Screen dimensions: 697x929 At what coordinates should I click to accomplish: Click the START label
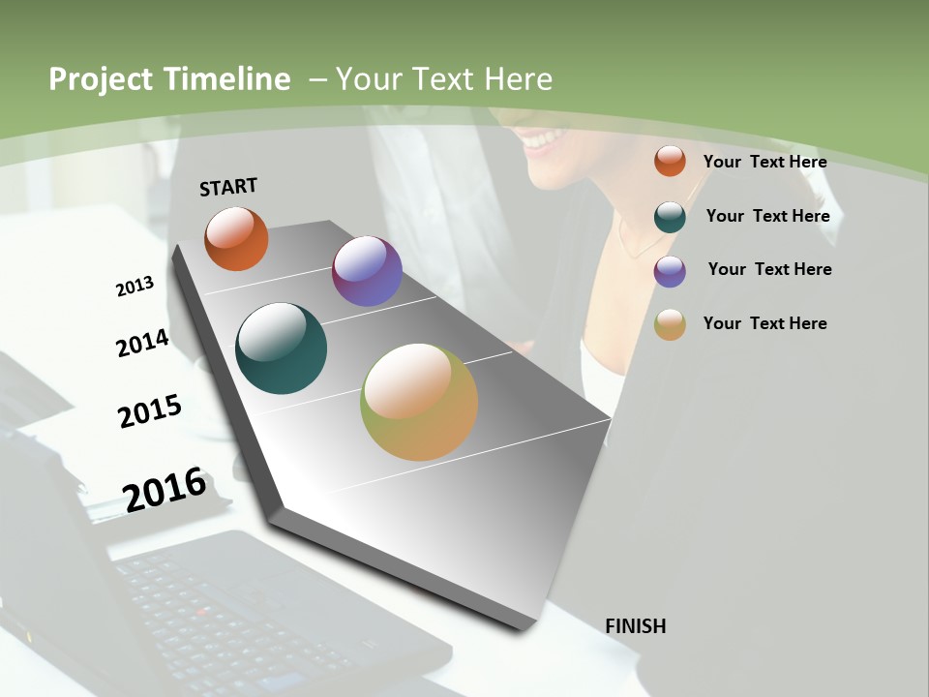tap(228, 187)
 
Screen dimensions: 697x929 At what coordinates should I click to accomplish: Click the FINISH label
tap(635, 626)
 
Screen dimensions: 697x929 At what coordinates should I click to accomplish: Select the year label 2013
tap(135, 287)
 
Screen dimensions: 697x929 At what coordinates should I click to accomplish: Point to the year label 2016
tap(165, 490)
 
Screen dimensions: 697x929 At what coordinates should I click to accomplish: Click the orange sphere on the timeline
tap(236, 238)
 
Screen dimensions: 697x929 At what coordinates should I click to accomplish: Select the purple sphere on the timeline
tap(367, 271)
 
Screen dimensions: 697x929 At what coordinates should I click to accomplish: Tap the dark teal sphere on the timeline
tap(281, 348)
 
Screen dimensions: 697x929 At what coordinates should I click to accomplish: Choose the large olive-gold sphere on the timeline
tap(419, 402)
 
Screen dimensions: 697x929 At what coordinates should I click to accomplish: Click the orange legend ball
tap(670, 161)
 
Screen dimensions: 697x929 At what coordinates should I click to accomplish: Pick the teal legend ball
tap(670, 217)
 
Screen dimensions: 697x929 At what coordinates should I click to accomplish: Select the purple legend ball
tap(670, 271)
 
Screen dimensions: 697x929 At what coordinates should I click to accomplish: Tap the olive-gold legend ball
tap(670, 324)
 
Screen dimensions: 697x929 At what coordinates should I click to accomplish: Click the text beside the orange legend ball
tap(764, 162)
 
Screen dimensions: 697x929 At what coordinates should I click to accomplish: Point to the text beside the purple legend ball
tap(769, 269)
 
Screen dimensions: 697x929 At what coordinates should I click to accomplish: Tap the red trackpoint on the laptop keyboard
tap(202, 611)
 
